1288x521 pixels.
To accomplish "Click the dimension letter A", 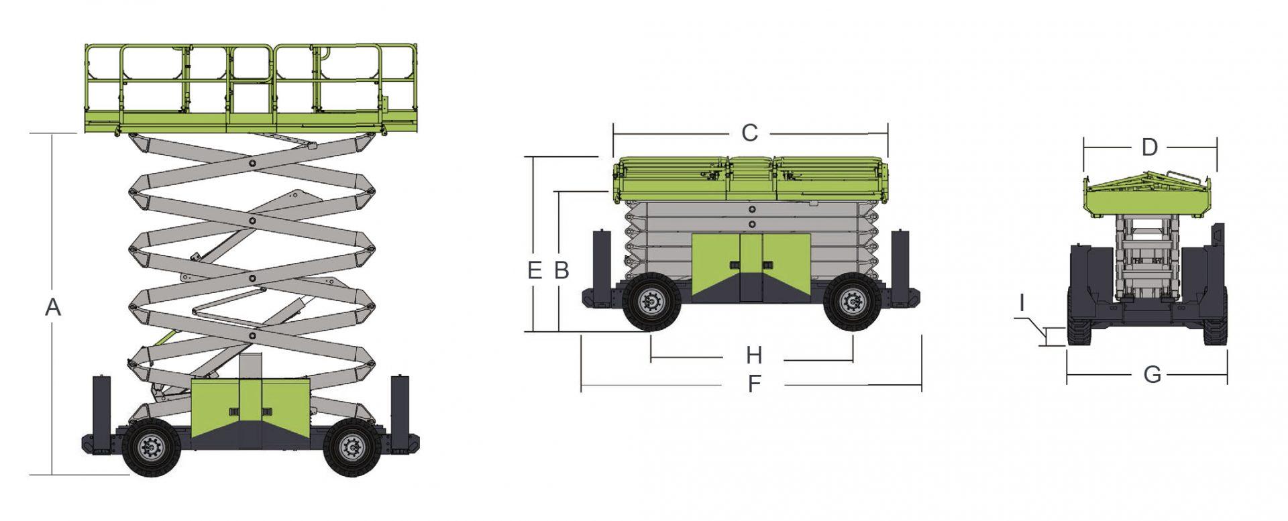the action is tap(53, 307).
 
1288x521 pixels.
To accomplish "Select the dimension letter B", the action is tap(561, 270).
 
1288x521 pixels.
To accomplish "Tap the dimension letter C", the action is tap(749, 133).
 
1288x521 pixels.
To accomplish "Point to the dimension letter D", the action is tap(1150, 148).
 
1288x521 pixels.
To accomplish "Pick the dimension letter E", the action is tap(535, 270).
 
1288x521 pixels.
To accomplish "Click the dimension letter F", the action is tap(755, 384).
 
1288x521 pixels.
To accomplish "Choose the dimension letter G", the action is tap(1152, 375).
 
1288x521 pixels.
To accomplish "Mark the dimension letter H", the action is tap(755, 355).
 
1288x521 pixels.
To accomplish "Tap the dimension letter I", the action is tap(1022, 304).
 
